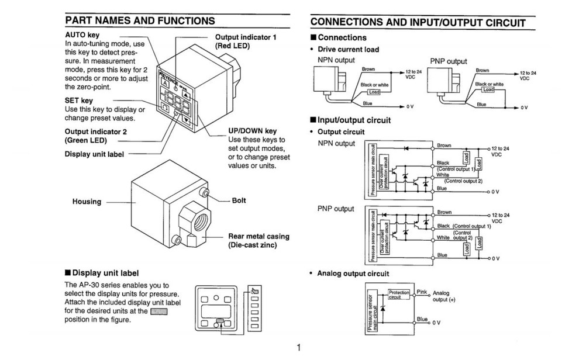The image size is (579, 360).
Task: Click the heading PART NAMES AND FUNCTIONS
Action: point(140,20)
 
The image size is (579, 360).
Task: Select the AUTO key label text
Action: point(82,35)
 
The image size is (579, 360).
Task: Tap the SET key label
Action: point(79,101)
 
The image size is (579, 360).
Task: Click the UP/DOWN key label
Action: point(252,131)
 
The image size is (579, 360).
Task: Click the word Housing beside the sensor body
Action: point(87,202)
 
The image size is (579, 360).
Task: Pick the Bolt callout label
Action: point(239,200)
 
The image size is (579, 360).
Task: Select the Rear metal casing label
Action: point(259,237)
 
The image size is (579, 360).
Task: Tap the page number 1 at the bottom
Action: point(298,348)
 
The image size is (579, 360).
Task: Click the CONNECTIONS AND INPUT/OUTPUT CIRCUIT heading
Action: point(418,23)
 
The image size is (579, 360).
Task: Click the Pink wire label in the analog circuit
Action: point(422,291)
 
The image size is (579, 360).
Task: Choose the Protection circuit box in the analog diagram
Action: point(399,294)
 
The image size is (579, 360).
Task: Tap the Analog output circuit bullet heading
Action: point(353,274)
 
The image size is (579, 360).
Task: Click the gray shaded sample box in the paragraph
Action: point(158,311)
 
